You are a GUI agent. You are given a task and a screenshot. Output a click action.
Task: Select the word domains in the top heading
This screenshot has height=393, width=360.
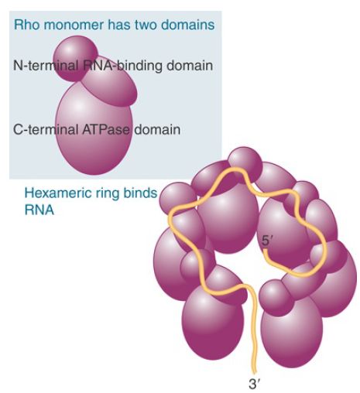click(187, 25)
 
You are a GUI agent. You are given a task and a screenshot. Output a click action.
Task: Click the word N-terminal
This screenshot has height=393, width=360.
click(46, 65)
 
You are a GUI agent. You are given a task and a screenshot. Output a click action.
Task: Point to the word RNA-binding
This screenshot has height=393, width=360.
click(123, 66)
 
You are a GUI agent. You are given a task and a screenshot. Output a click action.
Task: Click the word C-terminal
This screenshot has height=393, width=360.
click(46, 129)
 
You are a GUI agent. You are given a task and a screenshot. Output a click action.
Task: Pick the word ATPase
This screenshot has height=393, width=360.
click(106, 129)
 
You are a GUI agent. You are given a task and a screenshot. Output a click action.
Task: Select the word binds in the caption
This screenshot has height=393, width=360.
click(140, 193)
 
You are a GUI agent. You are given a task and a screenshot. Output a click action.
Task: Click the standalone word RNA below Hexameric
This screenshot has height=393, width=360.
click(39, 210)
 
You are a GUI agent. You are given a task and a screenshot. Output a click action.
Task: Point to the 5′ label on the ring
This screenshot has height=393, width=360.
click(266, 241)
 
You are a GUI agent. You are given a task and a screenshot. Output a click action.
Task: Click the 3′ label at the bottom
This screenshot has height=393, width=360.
click(253, 384)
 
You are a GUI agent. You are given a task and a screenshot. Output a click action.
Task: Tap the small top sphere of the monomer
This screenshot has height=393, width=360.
click(75, 59)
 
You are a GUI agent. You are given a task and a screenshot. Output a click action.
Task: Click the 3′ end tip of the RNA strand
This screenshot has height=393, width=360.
click(254, 372)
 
